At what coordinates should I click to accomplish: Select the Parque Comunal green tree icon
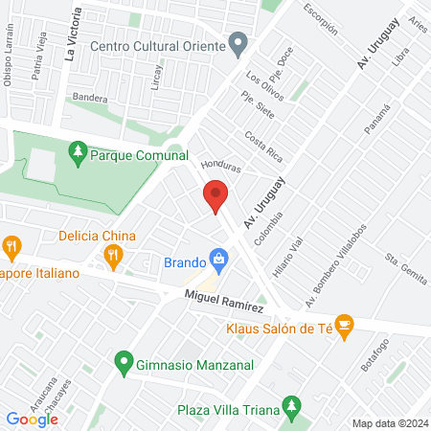[78, 153]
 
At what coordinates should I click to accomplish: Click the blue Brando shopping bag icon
[220, 259]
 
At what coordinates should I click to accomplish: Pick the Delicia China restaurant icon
[114, 255]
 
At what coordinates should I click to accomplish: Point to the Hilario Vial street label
[286, 258]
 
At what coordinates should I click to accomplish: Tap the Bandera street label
[89, 97]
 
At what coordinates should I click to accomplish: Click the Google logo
[32, 419]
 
